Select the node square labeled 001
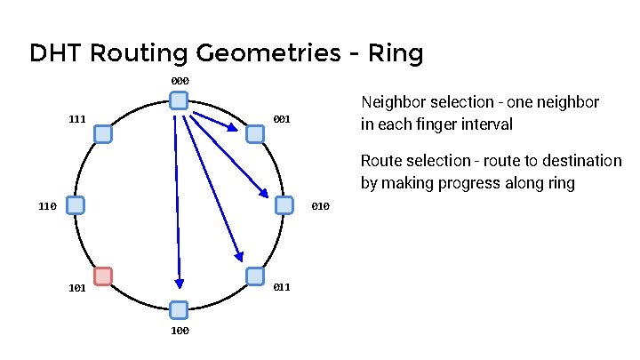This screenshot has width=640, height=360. pyautogui.click(x=255, y=134)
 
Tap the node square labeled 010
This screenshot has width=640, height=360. pyautogui.click(x=284, y=205)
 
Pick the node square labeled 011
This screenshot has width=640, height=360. pyautogui.click(x=255, y=276)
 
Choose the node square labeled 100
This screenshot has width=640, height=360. pyautogui.click(x=179, y=309)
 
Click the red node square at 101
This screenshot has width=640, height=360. pyautogui.click(x=103, y=276)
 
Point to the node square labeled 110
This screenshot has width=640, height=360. pyautogui.click(x=76, y=205)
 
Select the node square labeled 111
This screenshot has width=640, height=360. pyautogui.click(x=103, y=134)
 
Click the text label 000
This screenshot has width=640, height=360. pyautogui.click(x=179, y=82)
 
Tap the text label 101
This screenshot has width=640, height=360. pyautogui.click(x=77, y=289)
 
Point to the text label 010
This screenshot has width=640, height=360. pyautogui.click(x=321, y=207)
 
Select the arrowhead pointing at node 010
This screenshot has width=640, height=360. pyautogui.click(x=265, y=193)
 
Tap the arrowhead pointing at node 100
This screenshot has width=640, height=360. pyautogui.click(x=179, y=284)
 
